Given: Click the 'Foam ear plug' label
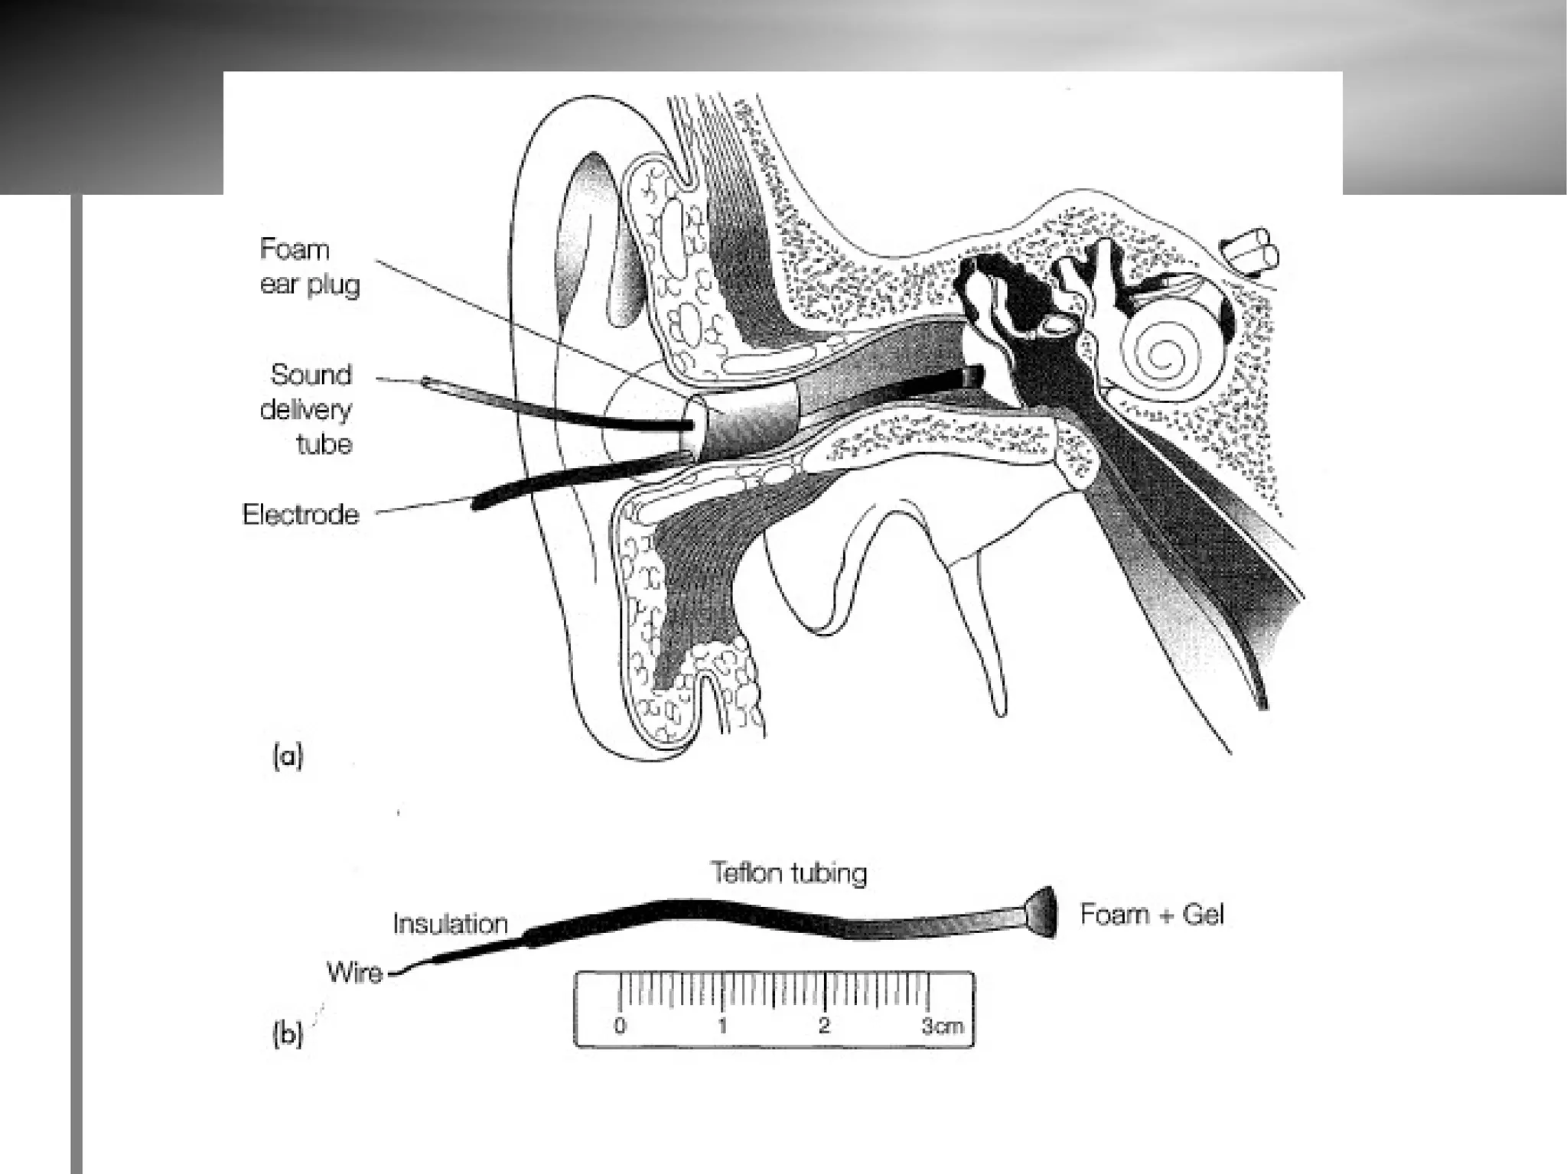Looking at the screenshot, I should click(x=309, y=266).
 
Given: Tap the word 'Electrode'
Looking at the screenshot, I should click(x=301, y=514).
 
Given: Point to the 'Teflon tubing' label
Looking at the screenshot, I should click(x=789, y=873).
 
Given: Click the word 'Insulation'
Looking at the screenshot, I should click(x=451, y=924).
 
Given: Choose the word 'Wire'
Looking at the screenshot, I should click(x=354, y=973).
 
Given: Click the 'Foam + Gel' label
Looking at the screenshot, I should click(x=1152, y=915).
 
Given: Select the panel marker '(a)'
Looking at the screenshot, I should click(x=288, y=757).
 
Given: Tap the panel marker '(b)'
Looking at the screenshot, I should click(x=288, y=1034).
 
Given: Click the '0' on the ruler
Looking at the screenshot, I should click(x=620, y=1025).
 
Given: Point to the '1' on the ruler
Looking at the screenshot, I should click(x=722, y=1025).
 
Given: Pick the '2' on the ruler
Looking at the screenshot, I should click(x=824, y=1025).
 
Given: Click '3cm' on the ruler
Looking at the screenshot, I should click(x=942, y=1026).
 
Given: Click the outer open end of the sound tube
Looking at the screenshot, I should click(x=426, y=381).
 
